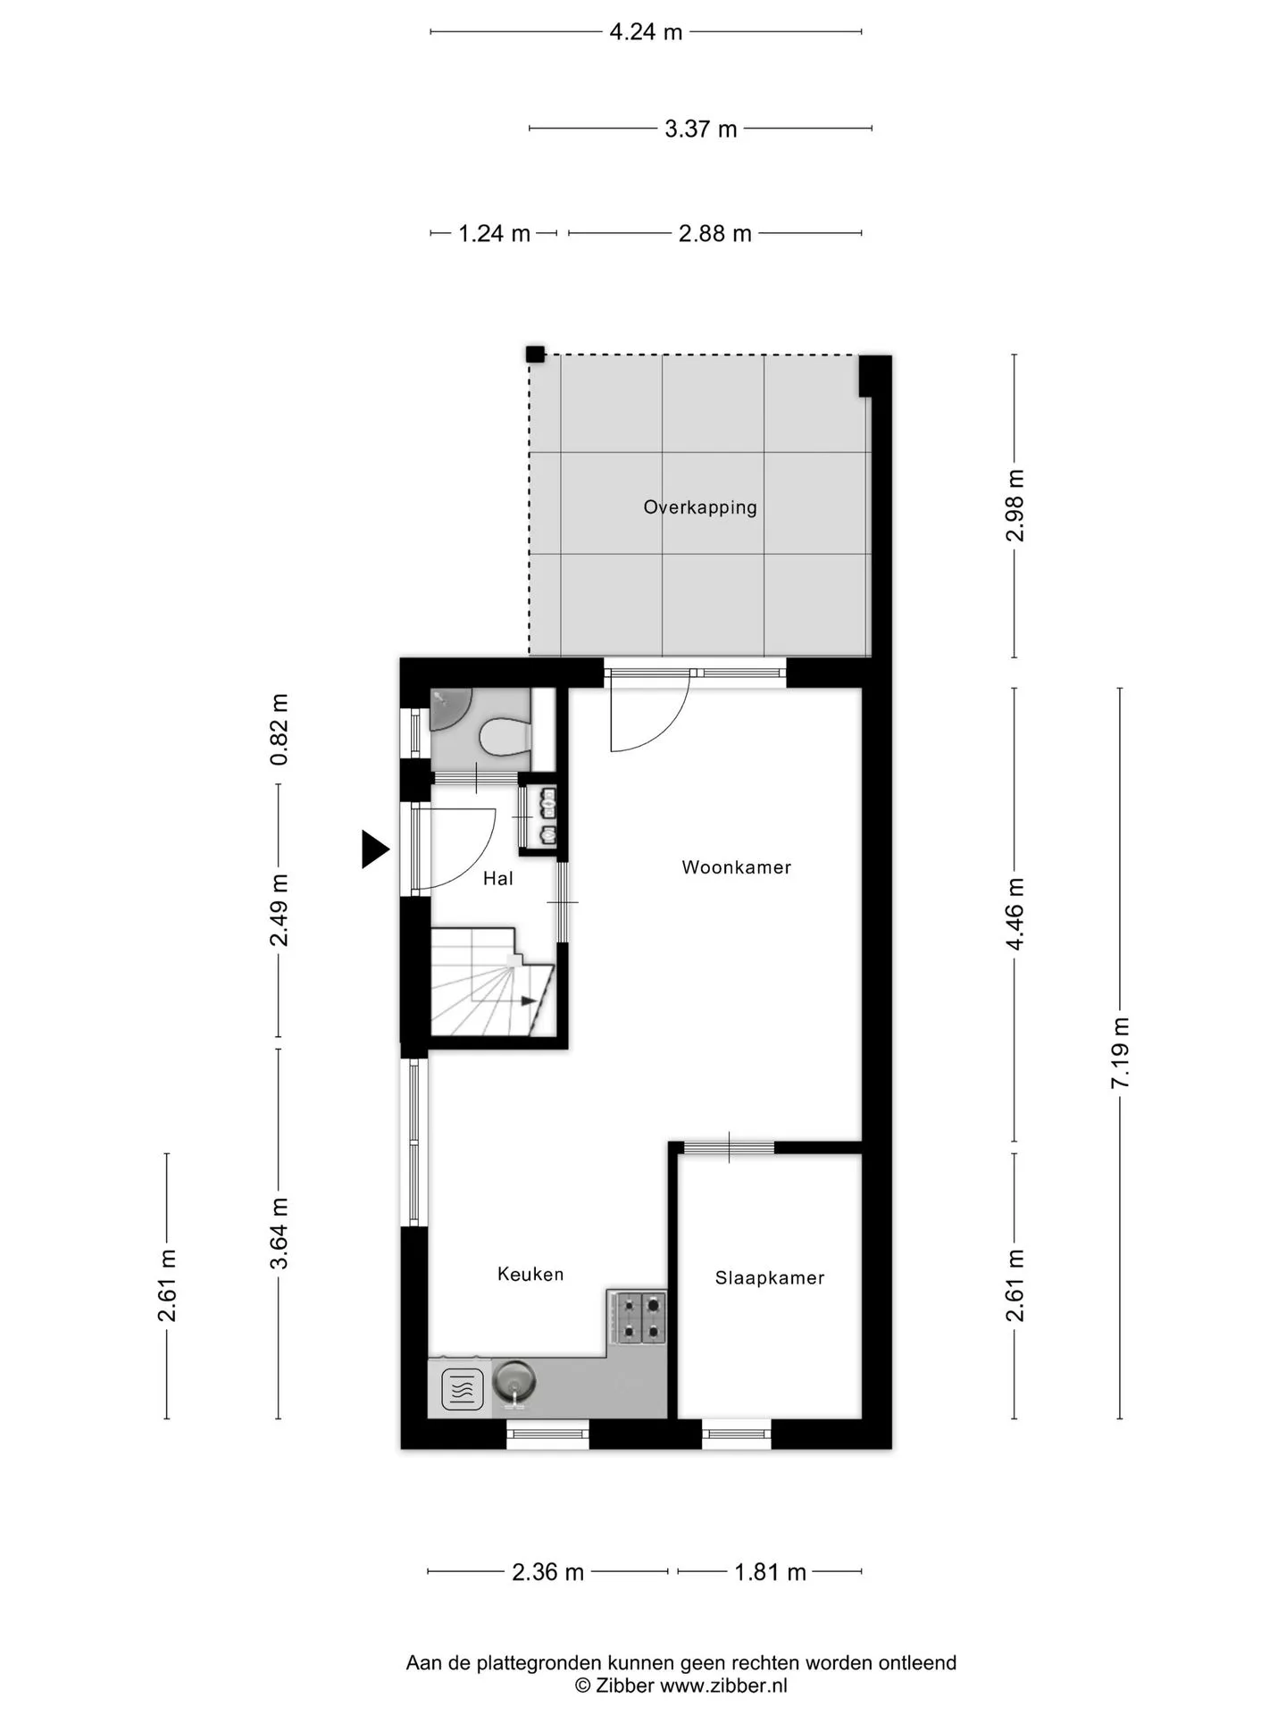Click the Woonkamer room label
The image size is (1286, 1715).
(736, 866)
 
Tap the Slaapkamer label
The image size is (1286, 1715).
(769, 1278)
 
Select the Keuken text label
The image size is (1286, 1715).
(530, 1274)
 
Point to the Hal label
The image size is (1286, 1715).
(497, 879)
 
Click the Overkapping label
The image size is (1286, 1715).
(700, 507)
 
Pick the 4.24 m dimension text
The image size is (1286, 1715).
(646, 32)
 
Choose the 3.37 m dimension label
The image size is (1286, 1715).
(700, 129)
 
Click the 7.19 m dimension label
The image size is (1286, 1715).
(1120, 1052)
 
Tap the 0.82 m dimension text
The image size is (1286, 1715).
(280, 729)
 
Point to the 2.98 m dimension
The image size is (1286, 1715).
(1015, 506)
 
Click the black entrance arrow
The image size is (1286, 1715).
(375, 849)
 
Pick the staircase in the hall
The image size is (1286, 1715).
(492, 982)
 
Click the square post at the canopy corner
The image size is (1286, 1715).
(535, 354)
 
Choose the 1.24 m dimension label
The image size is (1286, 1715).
(494, 234)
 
